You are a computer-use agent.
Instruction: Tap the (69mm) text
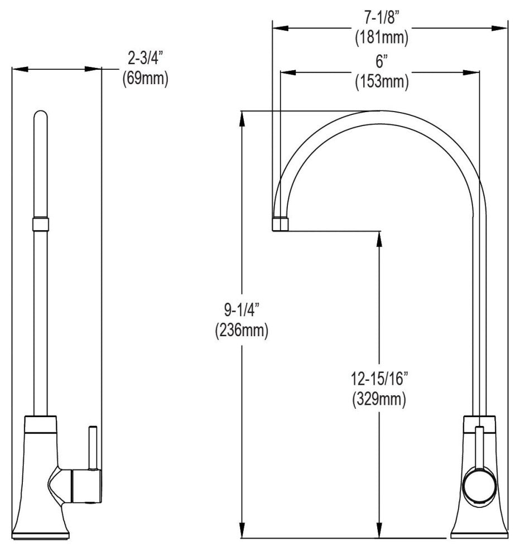click(x=145, y=78)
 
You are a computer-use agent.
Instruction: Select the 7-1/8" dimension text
click(x=382, y=18)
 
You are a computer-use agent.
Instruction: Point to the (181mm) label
click(x=382, y=38)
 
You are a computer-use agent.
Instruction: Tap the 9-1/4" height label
click(x=242, y=308)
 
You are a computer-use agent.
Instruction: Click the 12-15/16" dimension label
click(x=379, y=379)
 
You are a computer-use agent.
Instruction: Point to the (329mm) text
click(x=379, y=399)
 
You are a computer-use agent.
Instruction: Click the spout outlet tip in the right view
click(x=281, y=224)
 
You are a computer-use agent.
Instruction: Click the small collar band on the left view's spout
click(x=41, y=224)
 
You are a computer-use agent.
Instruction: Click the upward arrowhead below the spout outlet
click(x=380, y=238)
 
